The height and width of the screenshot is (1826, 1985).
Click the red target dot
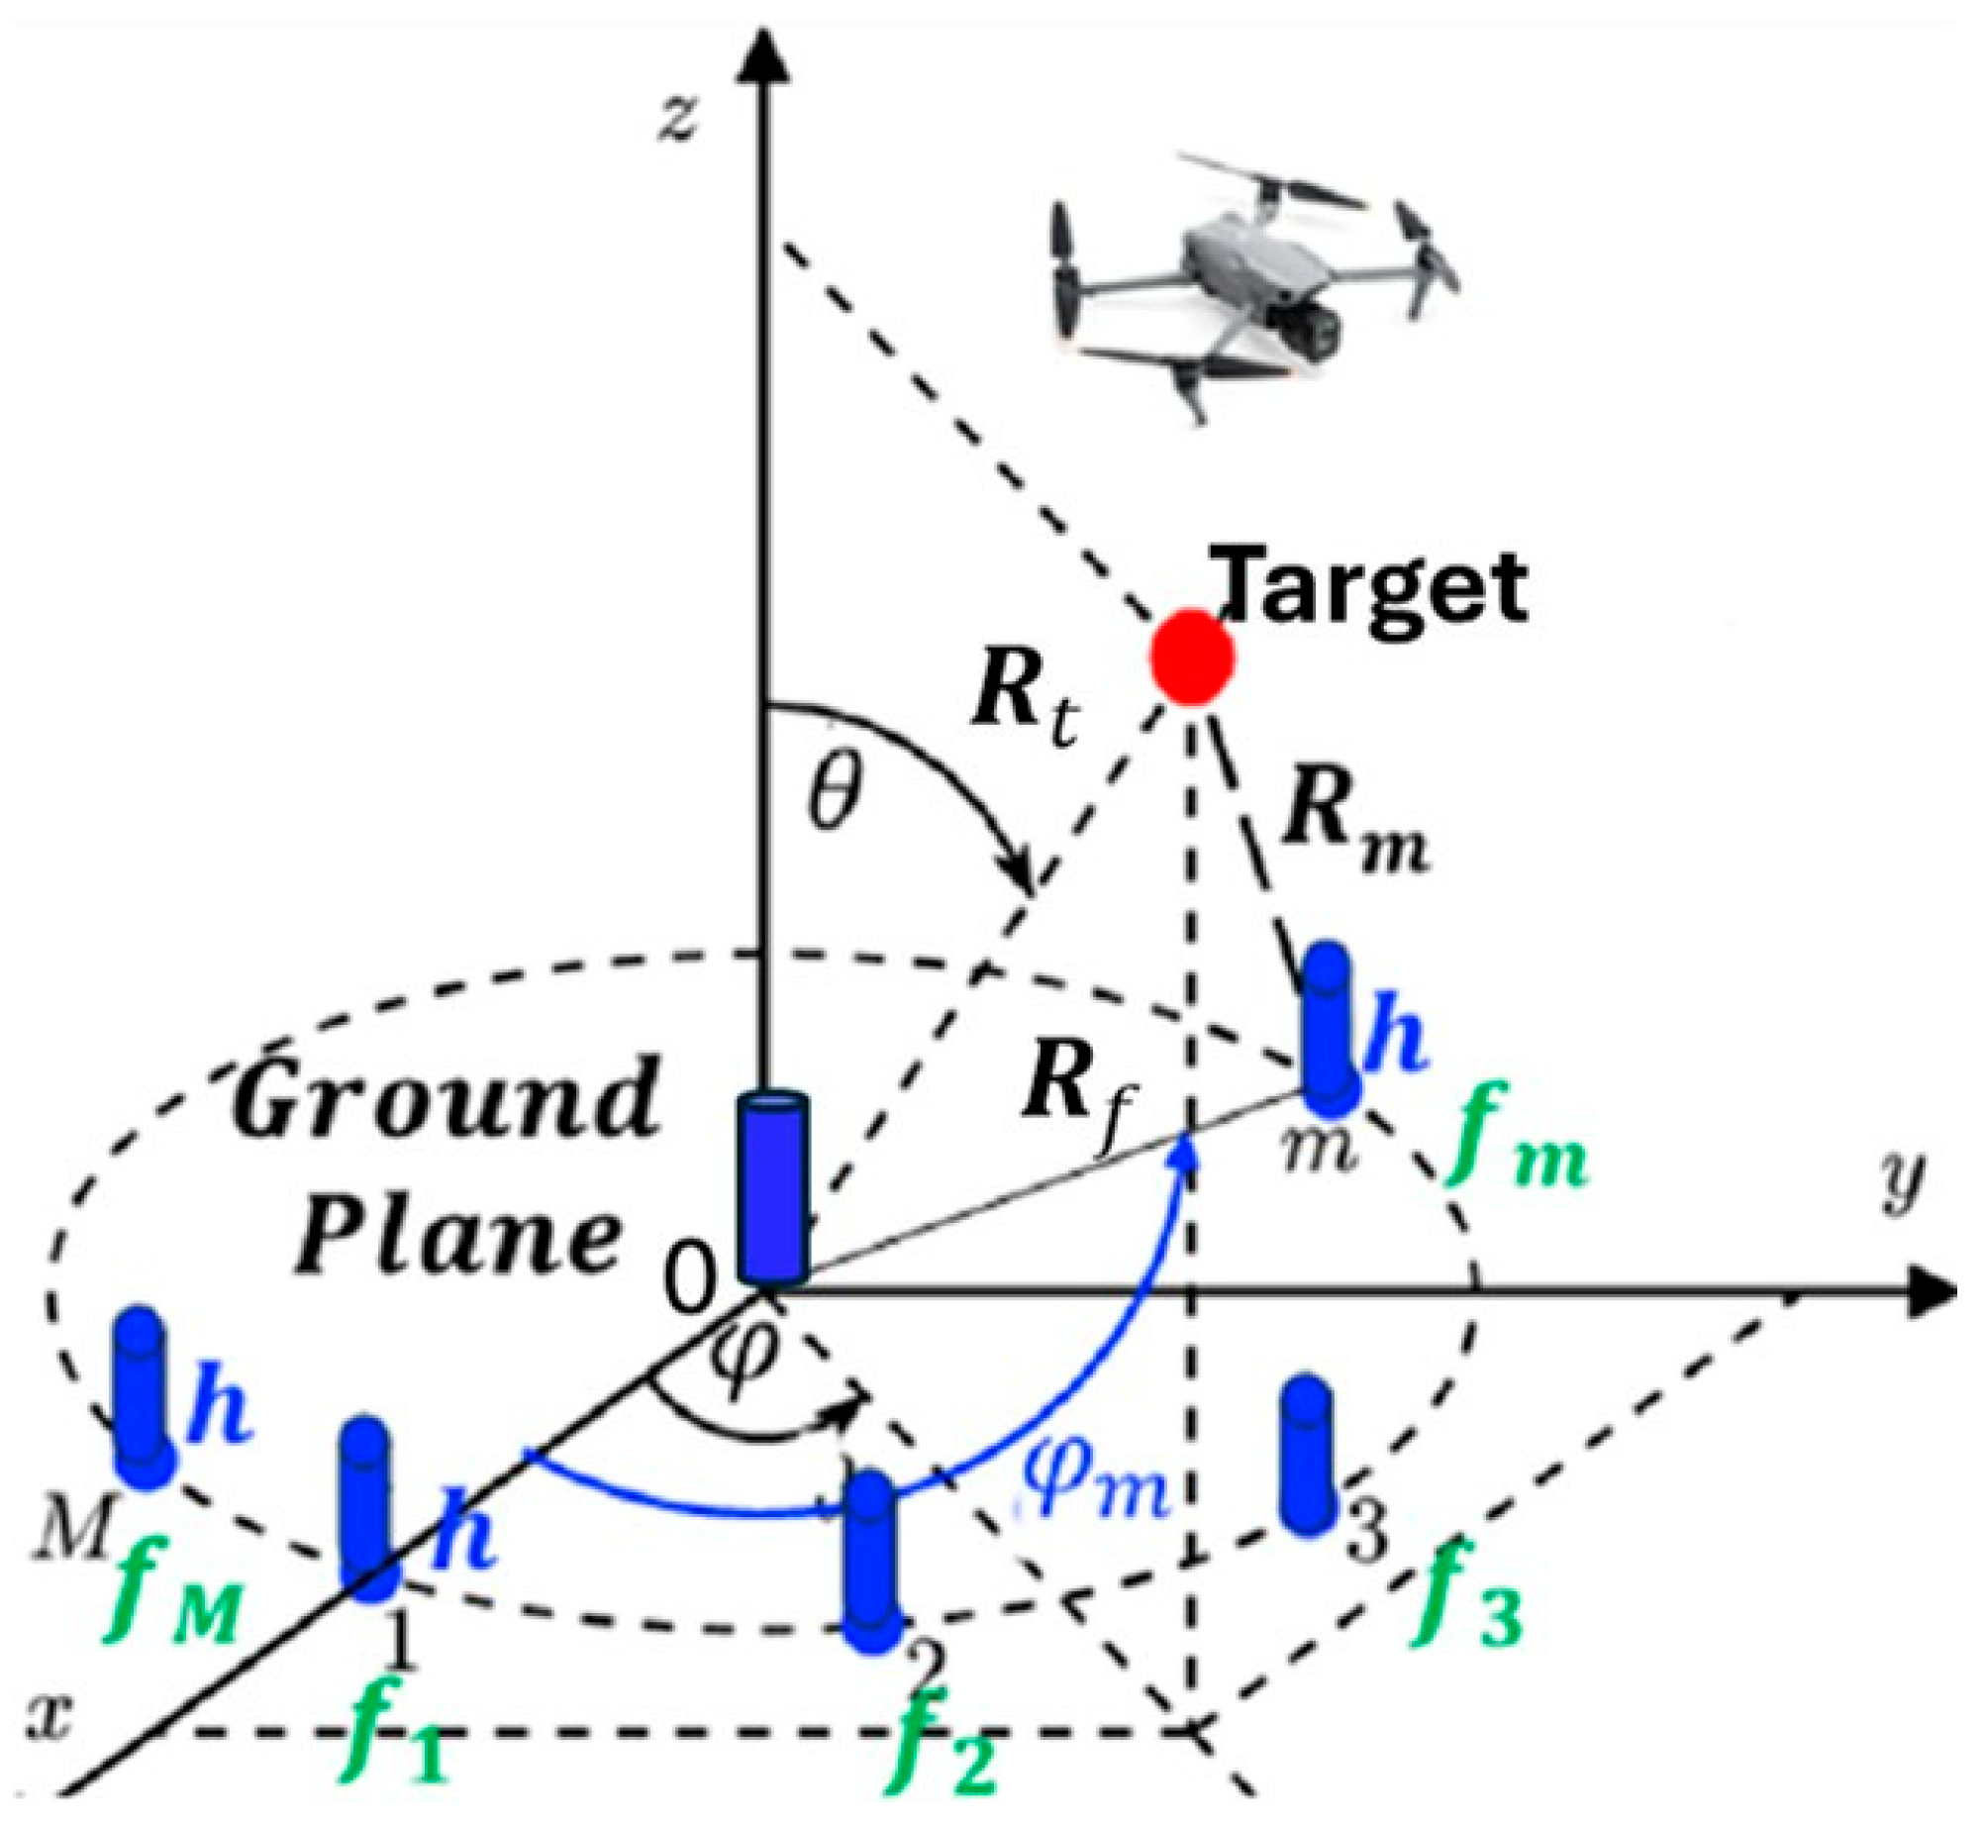[x=1192, y=658]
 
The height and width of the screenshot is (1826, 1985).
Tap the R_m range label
[x=1356, y=828]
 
